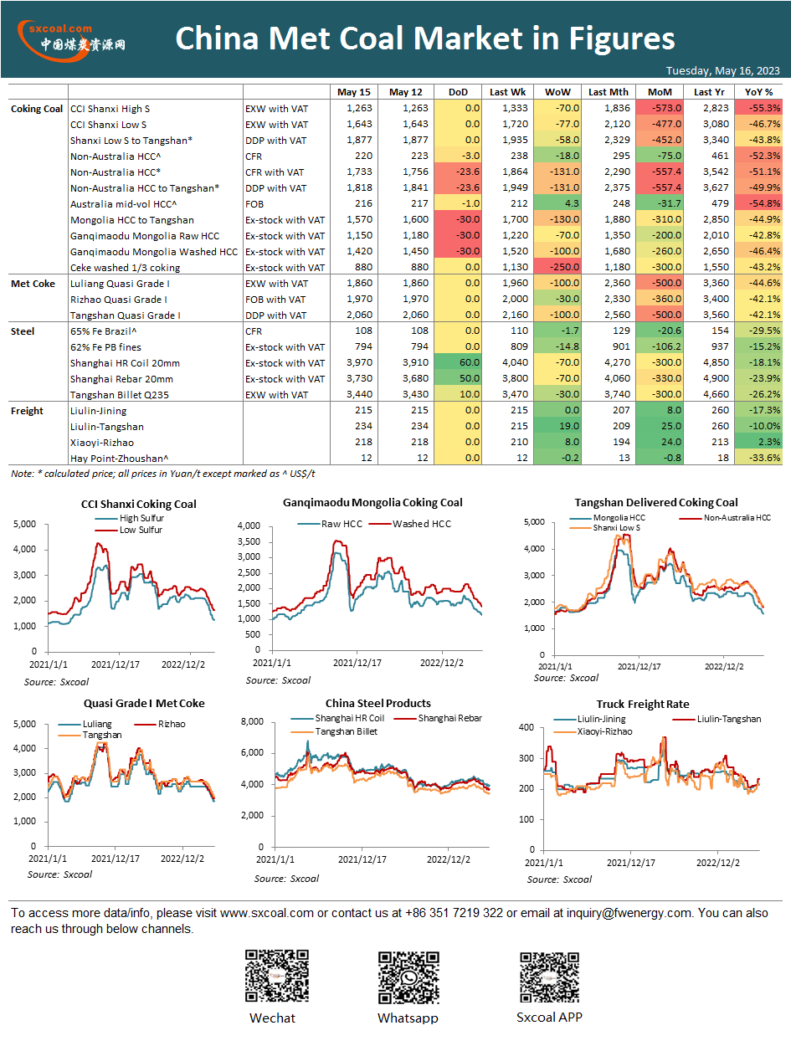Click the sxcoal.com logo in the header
click(x=71, y=40)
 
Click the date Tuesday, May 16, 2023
click(x=722, y=70)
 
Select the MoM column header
click(x=660, y=92)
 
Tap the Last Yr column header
click(x=709, y=92)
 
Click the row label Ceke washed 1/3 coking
click(x=125, y=268)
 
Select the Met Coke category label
click(x=33, y=284)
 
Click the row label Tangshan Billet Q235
click(x=119, y=395)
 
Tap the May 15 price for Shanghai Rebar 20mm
click(x=359, y=378)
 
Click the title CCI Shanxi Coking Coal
click(x=139, y=504)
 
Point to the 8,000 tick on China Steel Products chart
click(x=253, y=721)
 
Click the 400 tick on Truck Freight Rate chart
click(x=526, y=727)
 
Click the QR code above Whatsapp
click(x=408, y=977)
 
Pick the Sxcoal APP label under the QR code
click(x=549, y=1017)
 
